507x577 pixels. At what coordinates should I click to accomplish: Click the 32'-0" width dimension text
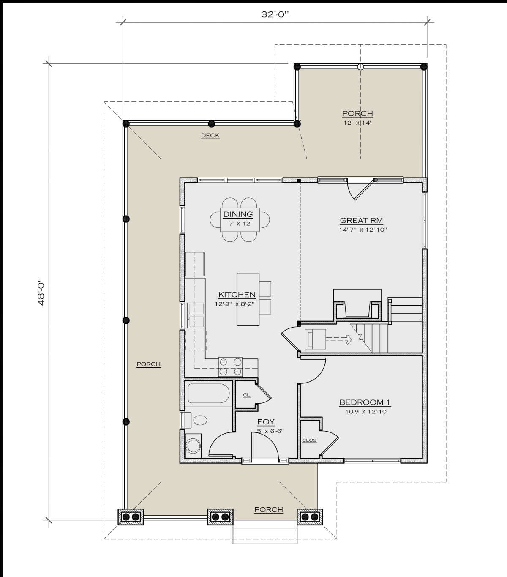[275, 15]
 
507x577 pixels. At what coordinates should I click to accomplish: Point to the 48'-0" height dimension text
[41, 292]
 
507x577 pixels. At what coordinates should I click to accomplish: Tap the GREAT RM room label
[361, 220]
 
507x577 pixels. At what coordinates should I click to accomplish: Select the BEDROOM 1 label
[364, 402]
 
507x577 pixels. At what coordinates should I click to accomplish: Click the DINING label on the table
[238, 214]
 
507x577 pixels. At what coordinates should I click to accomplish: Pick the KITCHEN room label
[237, 295]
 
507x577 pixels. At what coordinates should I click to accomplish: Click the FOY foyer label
[266, 422]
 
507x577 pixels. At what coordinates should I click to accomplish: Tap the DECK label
[210, 136]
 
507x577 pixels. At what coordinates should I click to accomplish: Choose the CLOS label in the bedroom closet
[309, 440]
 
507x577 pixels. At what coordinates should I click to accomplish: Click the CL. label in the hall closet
[247, 395]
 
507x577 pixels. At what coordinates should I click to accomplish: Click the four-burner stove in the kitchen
[230, 367]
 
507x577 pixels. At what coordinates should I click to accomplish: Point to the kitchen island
[248, 299]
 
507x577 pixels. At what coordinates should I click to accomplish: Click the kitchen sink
[196, 316]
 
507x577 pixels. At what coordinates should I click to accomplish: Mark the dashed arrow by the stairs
[339, 339]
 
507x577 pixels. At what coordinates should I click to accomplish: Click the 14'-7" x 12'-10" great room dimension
[363, 230]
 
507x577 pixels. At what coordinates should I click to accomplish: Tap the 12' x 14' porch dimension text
[357, 123]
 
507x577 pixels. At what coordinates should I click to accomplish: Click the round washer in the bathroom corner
[193, 446]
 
